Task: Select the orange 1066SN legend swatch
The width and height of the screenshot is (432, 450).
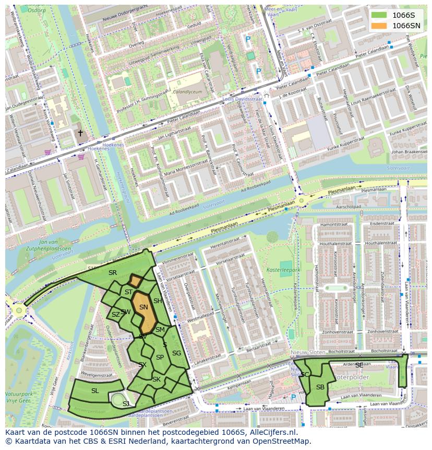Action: (379, 26)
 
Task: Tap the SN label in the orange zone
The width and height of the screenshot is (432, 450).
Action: (143, 308)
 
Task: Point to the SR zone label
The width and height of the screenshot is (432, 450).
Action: (113, 272)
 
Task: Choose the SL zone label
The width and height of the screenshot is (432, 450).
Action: (95, 391)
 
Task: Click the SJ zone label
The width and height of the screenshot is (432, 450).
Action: (126, 403)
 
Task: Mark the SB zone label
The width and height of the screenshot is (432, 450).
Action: (320, 387)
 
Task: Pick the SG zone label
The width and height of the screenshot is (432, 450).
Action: (177, 353)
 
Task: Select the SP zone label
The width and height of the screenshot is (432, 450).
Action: (160, 357)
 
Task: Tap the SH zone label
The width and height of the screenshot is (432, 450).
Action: (158, 301)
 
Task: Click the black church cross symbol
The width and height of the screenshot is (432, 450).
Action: (80, 133)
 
